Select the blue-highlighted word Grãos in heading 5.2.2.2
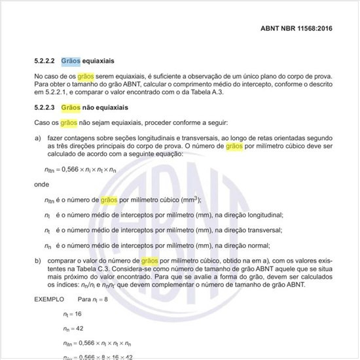click(x=71, y=61)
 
